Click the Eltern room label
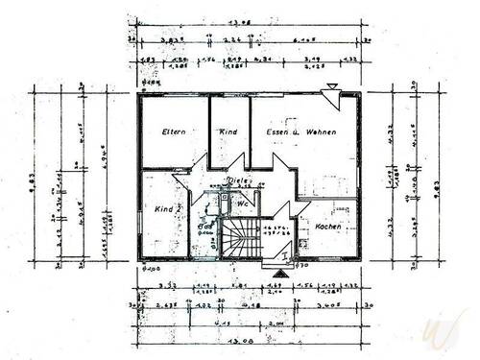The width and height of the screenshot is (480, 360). pos(173,132)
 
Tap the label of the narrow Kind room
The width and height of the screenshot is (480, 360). pos(228,132)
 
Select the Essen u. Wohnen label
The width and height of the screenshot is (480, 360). pos(300,132)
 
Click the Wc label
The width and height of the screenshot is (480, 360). pos(244,204)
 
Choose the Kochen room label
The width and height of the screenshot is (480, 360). pos(328,227)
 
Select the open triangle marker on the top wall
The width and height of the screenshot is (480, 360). pos(332,88)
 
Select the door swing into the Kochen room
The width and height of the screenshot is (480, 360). pos(301,208)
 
